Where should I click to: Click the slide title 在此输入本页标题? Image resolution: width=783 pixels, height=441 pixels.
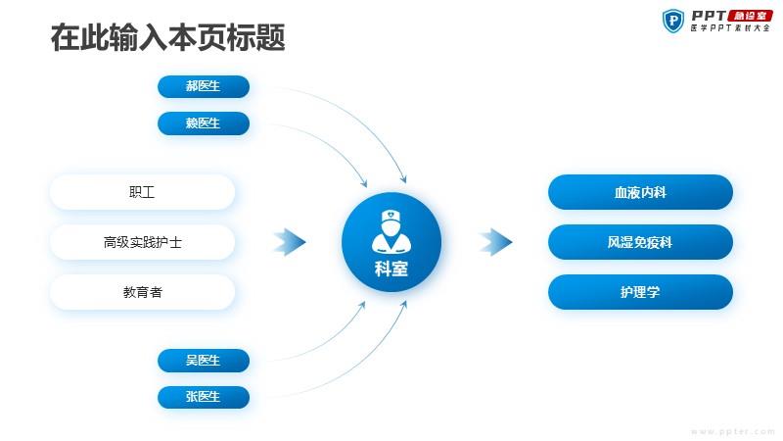coord(167,37)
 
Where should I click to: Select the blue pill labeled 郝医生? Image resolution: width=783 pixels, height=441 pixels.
coord(204,86)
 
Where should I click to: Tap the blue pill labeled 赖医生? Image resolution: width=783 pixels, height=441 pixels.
coord(204,123)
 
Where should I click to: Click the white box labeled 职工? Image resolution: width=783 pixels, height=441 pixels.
coord(142,192)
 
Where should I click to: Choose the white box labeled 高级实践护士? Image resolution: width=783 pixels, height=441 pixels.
coord(142,242)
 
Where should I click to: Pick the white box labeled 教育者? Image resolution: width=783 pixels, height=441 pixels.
coord(142,292)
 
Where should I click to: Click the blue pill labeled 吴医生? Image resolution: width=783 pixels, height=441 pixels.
coord(204,360)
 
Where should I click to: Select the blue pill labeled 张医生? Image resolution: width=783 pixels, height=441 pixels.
coord(204,397)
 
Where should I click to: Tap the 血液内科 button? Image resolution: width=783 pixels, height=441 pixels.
coord(640,192)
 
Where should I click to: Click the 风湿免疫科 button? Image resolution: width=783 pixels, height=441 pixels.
coord(640,242)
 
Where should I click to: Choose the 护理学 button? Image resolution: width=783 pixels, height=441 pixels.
coord(640,292)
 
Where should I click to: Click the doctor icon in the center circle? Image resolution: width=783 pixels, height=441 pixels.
coord(391,231)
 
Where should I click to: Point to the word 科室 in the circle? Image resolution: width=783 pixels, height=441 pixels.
coord(391,269)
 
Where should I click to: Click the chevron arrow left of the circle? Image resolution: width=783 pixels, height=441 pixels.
coord(290,242)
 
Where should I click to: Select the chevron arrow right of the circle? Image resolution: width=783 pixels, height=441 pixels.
coord(496,242)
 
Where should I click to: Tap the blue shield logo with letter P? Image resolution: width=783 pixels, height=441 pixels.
coord(673,21)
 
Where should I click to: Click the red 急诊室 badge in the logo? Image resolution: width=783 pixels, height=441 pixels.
coord(751,16)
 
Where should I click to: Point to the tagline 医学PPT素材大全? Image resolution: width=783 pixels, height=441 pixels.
coord(730,28)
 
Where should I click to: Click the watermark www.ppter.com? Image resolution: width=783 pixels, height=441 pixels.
coord(733,431)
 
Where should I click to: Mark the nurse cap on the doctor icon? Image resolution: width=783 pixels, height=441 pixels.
coord(391,216)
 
